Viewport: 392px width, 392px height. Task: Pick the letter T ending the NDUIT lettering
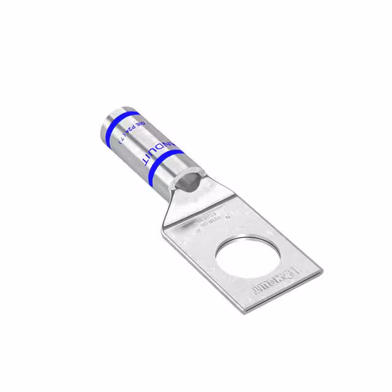click(146, 160)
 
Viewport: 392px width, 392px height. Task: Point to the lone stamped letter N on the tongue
click(227, 216)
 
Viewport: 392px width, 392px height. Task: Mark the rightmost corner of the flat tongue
click(322, 269)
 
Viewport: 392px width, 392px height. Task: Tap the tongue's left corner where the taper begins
click(164, 229)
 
